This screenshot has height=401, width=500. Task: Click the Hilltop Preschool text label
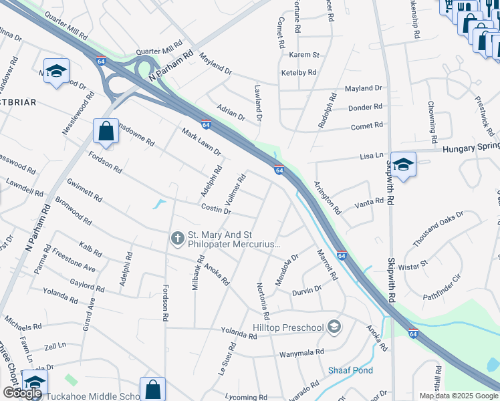tap(288, 327)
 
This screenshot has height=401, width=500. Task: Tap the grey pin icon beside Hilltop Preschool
tap(335, 327)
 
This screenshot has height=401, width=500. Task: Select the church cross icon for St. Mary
tap(178, 237)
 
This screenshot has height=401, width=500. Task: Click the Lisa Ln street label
tap(371, 154)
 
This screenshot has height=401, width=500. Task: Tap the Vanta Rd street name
tap(369, 201)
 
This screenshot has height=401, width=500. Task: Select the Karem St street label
tap(305, 55)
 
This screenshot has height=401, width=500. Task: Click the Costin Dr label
tap(216, 209)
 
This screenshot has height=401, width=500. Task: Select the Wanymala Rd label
tap(301, 352)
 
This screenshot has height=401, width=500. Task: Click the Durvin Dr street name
tap(307, 289)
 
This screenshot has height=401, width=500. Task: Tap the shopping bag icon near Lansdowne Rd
tap(106, 131)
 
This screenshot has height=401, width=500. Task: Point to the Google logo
tap(22, 393)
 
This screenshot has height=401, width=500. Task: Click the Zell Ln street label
tap(56, 346)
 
